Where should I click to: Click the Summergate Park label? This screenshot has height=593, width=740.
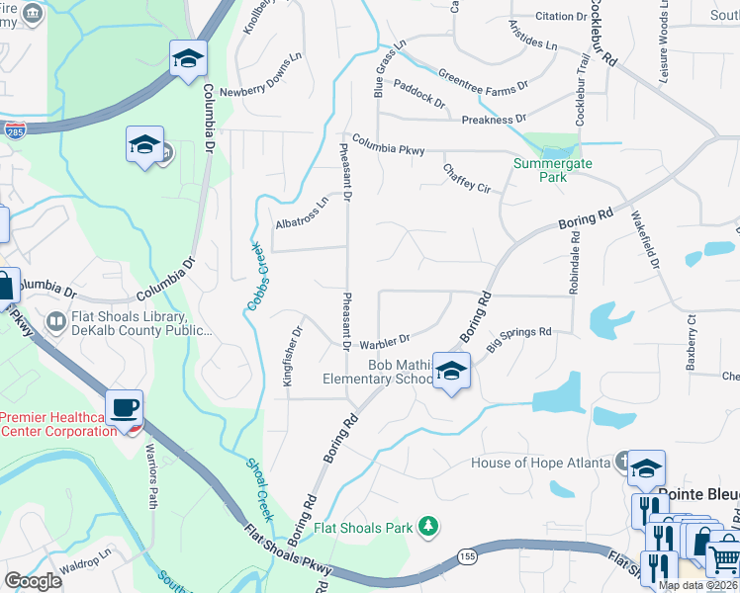540,170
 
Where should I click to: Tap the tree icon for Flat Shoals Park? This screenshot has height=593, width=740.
428,525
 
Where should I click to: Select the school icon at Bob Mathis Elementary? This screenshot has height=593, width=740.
451,372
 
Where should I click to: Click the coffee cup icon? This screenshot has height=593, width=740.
126,408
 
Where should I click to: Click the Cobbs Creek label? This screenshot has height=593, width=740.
254,275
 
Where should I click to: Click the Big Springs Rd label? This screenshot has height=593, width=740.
518,334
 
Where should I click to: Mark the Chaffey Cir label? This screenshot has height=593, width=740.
467,179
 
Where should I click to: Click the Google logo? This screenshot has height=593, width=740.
33,581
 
